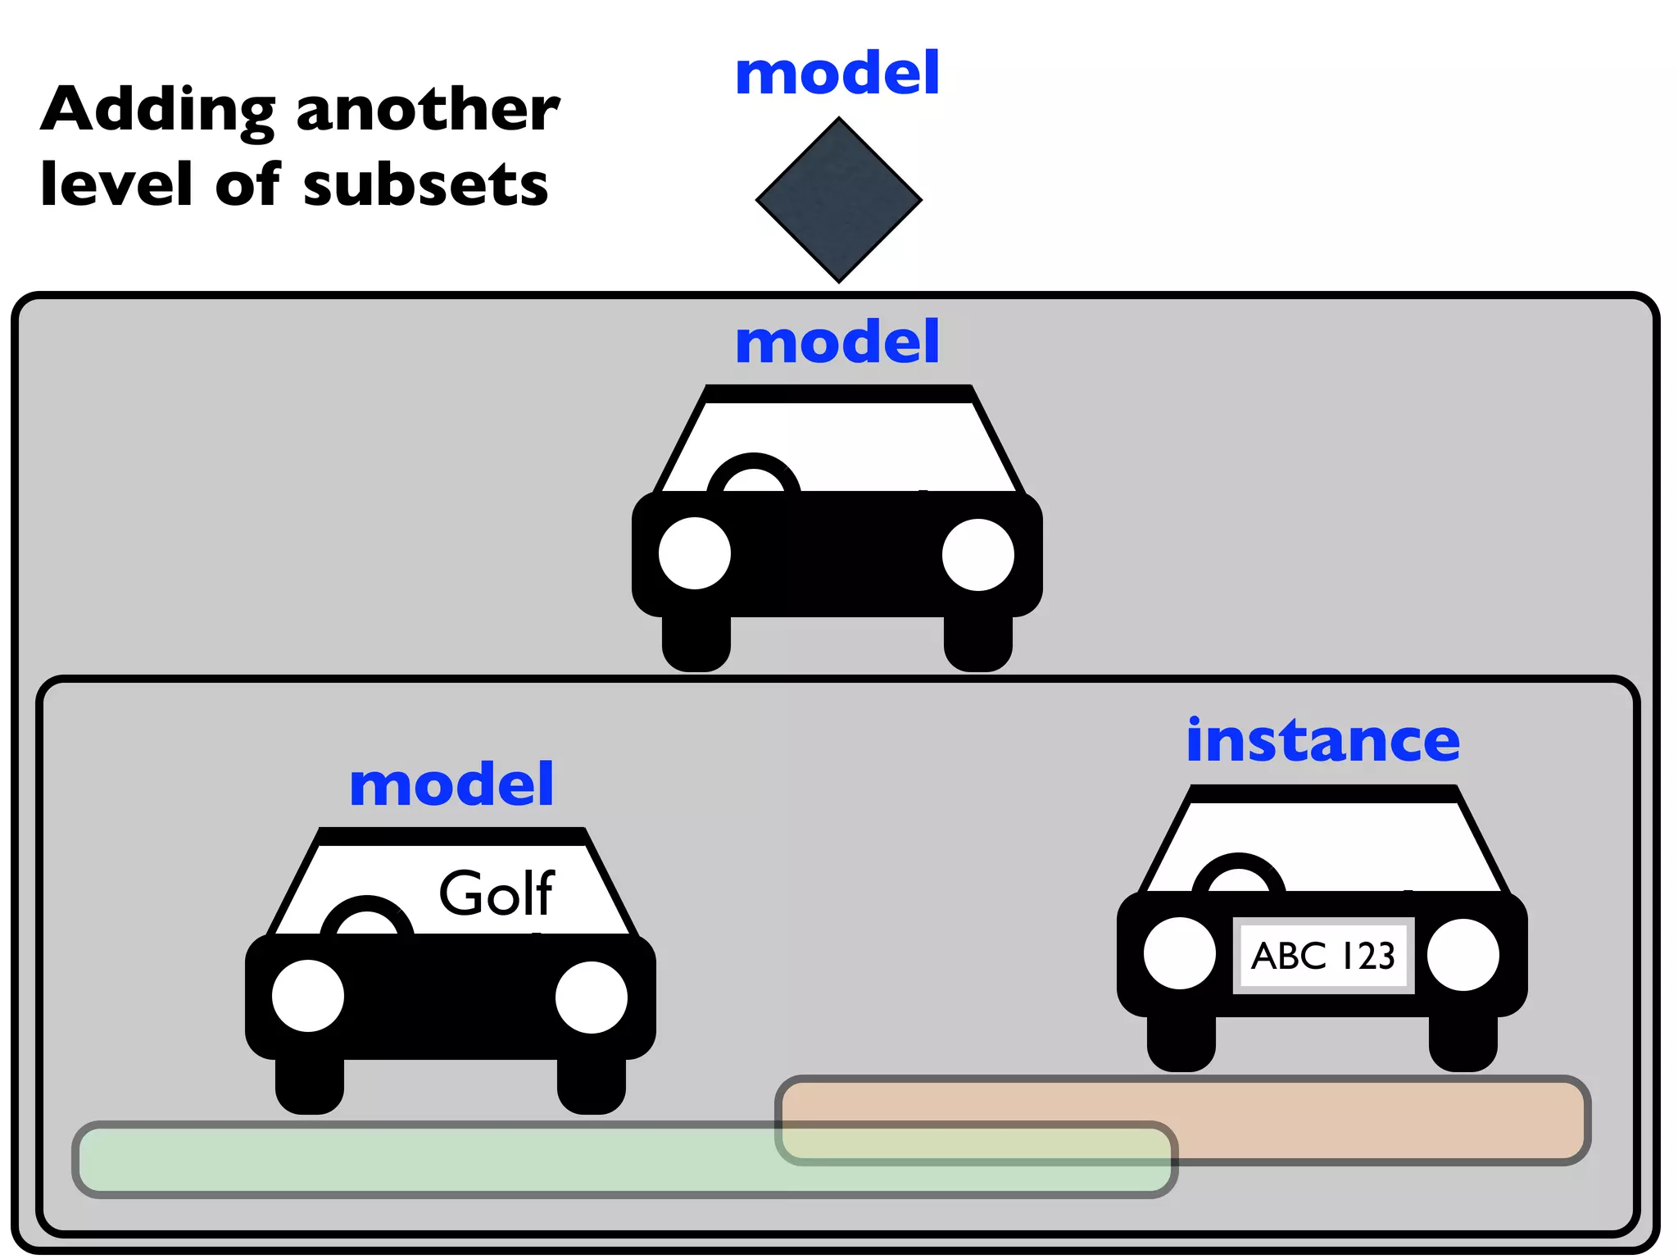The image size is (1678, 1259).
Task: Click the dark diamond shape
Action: click(838, 199)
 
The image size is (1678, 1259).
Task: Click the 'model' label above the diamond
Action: click(837, 73)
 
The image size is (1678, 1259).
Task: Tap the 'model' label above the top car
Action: click(837, 342)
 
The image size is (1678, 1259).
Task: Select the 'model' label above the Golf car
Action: click(451, 784)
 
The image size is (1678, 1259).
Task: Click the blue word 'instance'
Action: click(1322, 740)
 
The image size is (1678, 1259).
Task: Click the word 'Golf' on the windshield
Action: click(497, 893)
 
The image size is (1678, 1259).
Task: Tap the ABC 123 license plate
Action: click(1322, 956)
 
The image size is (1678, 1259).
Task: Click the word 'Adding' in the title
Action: click(158, 111)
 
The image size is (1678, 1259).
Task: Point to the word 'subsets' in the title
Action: click(425, 185)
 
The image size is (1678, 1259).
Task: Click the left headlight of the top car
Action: click(694, 553)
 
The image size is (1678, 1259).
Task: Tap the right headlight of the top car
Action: click(977, 554)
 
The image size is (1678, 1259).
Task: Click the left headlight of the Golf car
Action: click(307, 996)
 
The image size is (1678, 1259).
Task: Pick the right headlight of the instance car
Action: click(1463, 954)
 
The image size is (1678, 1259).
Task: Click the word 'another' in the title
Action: click(427, 111)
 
